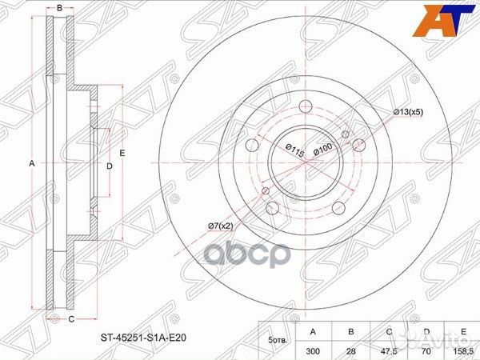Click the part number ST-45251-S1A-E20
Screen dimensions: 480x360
(x=143, y=338)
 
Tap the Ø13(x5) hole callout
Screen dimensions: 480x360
(x=408, y=112)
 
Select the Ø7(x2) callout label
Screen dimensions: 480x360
(x=221, y=226)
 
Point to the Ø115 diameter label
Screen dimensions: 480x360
(x=295, y=150)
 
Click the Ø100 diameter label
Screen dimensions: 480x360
(x=322, y=149)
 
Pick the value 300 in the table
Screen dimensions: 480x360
(x=313, y=351)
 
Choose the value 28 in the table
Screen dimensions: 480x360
(x=351, y=351)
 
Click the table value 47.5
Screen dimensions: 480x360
(x=389, y=351)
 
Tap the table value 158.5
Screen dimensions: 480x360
(x=463, y=351)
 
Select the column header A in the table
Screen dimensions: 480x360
(x=313, y=331)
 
